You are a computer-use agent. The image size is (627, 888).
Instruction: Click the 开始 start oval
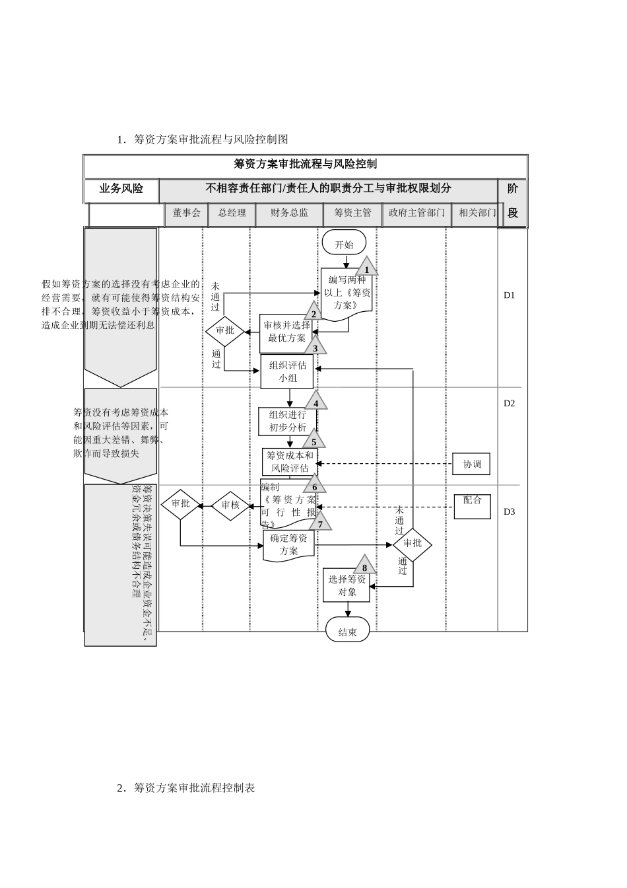(x=344, y=243)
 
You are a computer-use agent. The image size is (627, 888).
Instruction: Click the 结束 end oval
(x=347, y=631)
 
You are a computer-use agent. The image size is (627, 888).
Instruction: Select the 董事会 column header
(x=186, y=213)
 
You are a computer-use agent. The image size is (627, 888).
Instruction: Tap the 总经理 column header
(x=232, y=213)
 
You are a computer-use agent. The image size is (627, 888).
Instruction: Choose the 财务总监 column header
(x=289, y=213)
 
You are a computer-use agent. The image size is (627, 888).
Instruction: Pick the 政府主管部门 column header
(x=416, y=213)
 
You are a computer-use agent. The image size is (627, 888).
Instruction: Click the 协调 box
(x=471, y=464)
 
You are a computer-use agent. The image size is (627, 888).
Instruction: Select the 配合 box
(x=472, y=505)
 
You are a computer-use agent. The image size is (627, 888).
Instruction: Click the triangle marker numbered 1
(x=367, y=268)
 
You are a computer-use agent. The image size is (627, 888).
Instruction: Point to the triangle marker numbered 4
(x=315, y=402)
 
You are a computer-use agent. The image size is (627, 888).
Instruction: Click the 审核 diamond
(x=230, y=505)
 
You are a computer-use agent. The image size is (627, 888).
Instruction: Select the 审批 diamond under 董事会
(x=180, y=504)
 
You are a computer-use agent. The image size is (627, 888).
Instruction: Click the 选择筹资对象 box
(x=346, y=585)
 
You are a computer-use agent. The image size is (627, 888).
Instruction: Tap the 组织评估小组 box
(x=287, y=371)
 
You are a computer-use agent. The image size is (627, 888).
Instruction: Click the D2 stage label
(x=509, y=403)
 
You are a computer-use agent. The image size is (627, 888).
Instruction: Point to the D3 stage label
(x=509, y=511)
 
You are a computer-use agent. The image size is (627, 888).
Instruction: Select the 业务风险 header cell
(x=121, y=189)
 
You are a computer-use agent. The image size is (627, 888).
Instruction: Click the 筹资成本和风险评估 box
(x=290, y=462)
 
